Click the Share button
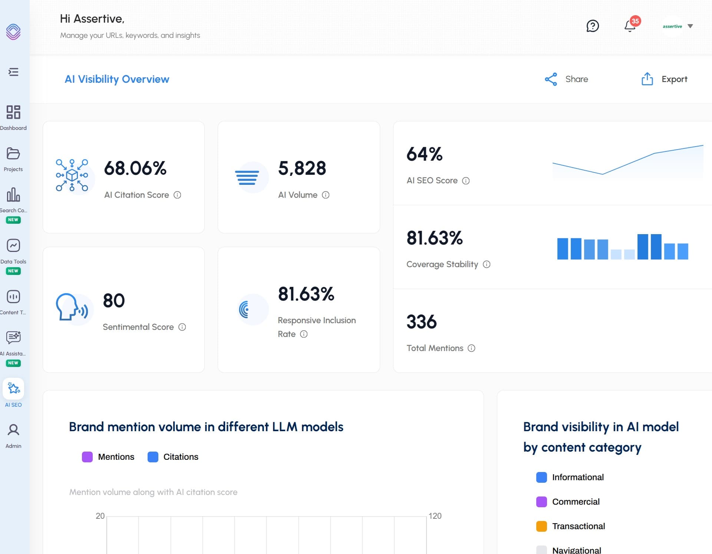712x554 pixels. pyautogui.click(x=567, y=79)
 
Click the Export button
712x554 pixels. pyautogui.click(x=665, y=79)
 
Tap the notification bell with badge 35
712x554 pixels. pyautogui.click(x=630, y=26)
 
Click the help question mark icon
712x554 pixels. pyautogui.click(x=593, y=26)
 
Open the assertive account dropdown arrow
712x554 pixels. pyautogui.click(x=690, y=26)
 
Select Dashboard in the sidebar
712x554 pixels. pyautogui.click(x=13, y=117)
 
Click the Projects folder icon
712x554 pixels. pyautogui.click(x=13, y=154)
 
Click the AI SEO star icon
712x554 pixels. pyautogui.click(x=14, y=389)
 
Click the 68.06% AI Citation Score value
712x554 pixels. pyautogui.click(x=135, y=168)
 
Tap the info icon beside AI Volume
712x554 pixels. pyautogui.click(x=326, y=195)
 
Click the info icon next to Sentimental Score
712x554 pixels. pyautogui.click(x=182, y=327)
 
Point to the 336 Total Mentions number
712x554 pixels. pyautogui.click(x=422, y=322)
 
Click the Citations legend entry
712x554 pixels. pyautogui.click(x=173, y=457)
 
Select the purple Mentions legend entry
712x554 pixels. pyautogui.click(x=108, y=457)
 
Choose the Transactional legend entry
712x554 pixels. pyautogui.click(x=571, y=526)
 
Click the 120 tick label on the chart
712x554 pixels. pyautogui.click(x=435, y=516)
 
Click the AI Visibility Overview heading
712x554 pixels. pyautogui.click(x=117, y=79)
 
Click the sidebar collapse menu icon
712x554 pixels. pyautogui.click(x=13, y=72)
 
